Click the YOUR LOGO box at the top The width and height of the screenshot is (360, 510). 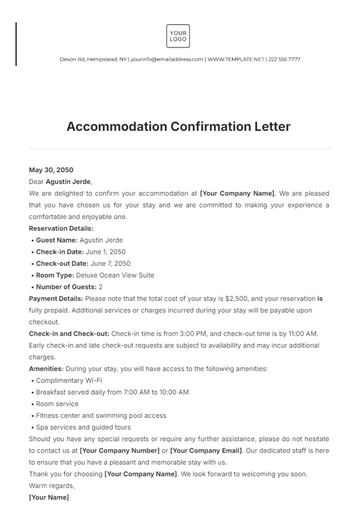(x=179, y=37)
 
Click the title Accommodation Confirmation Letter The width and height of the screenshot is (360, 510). (x=179, y=128)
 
